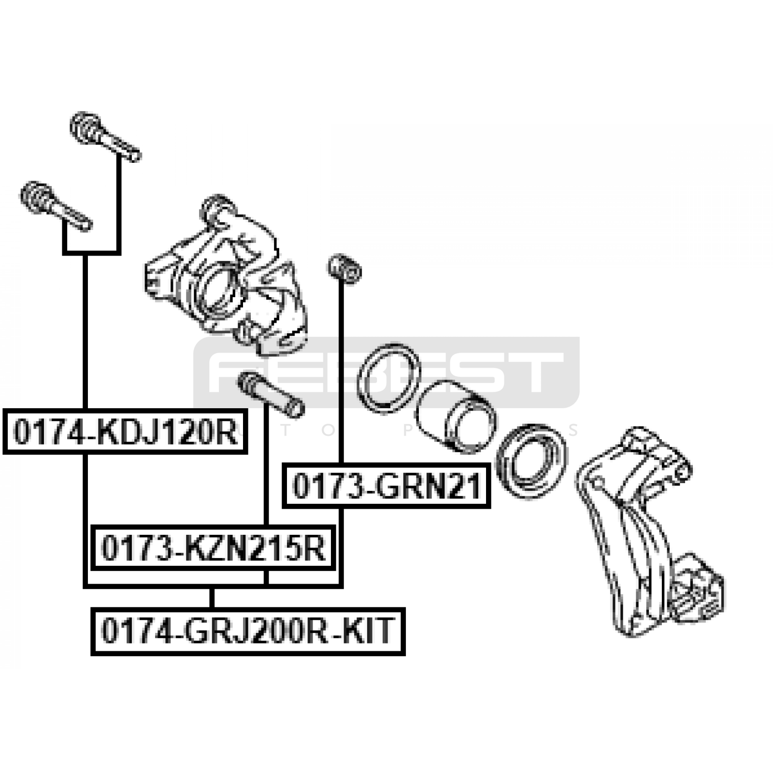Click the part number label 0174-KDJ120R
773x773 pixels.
tap(126, 431)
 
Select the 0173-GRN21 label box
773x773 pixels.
tap(386, 486)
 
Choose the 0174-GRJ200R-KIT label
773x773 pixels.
tap(248, 631)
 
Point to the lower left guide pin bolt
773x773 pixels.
tap(56, 206)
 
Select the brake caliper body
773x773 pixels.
tap(226, 275)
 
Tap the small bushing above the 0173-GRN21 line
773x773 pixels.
tap(344, 268)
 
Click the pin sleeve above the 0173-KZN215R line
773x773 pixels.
tap(271, 394)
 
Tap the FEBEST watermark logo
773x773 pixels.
tap(386, 372)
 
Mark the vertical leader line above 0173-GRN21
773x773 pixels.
tap(342, 372)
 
